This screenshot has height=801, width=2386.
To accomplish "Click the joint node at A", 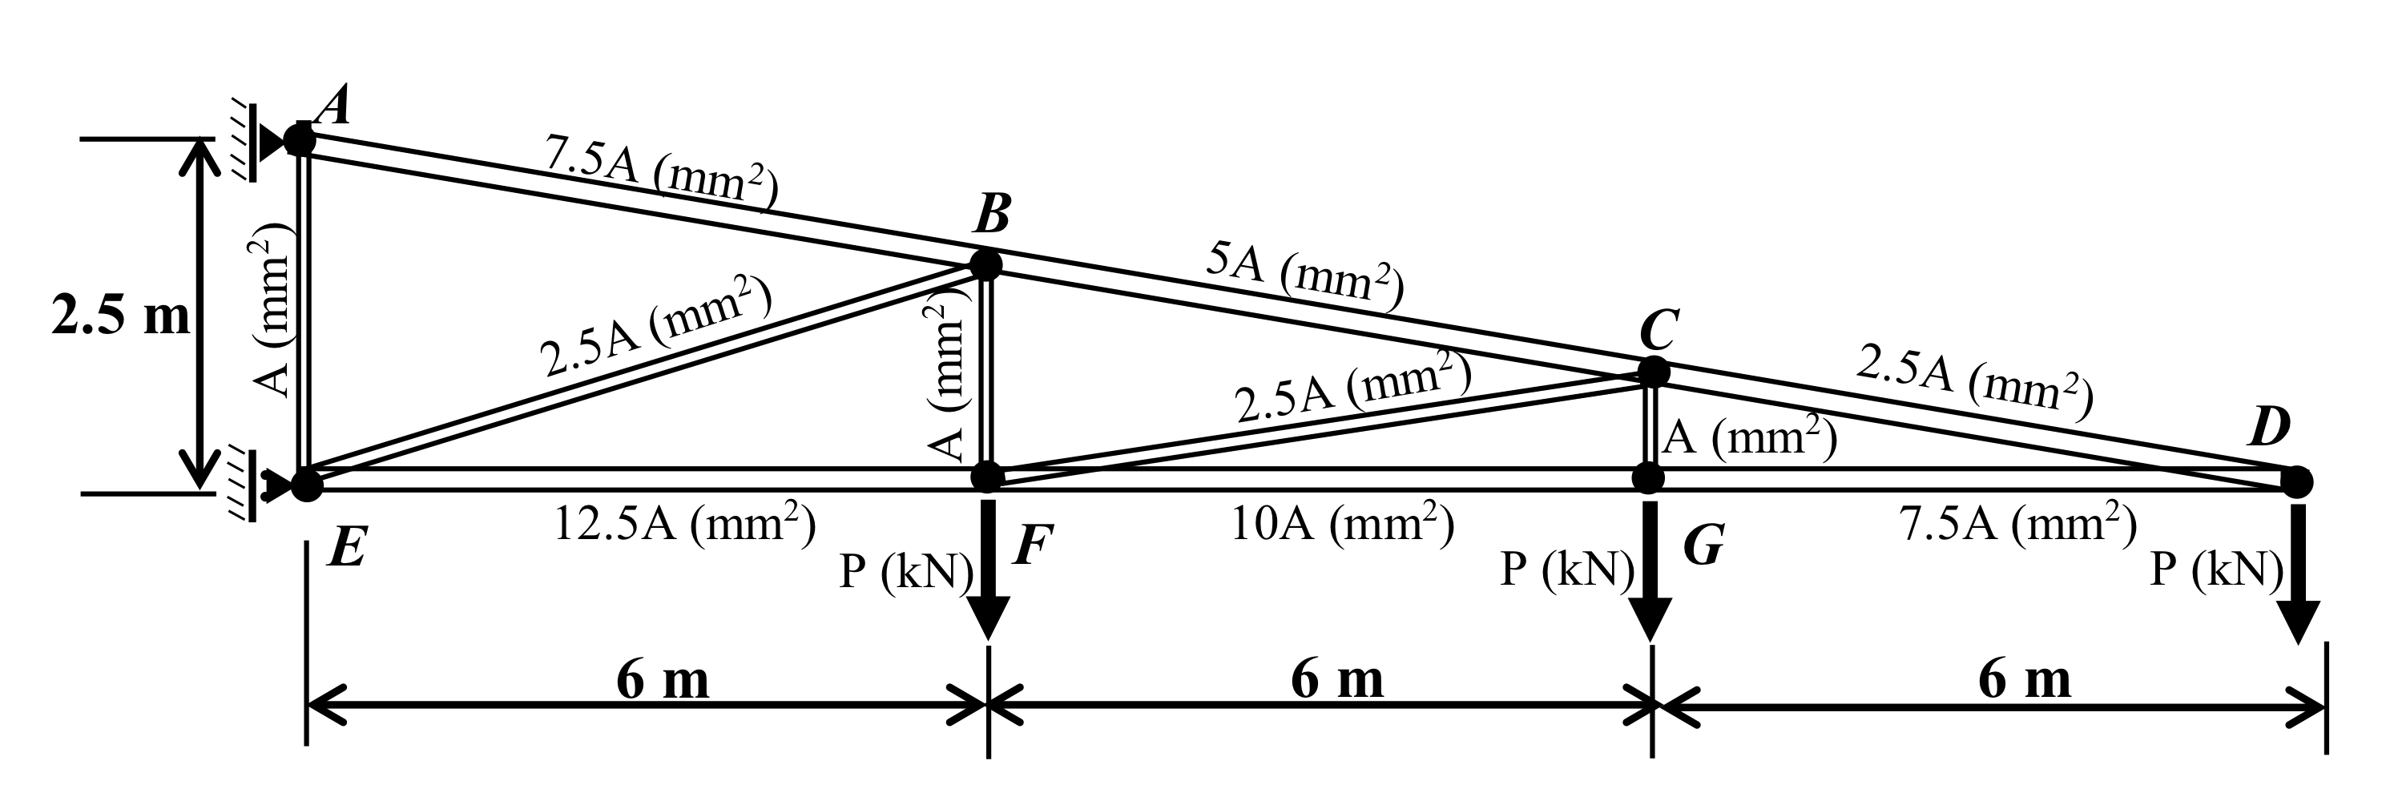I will point(300,139).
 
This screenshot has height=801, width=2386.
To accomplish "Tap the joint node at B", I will point(985,264).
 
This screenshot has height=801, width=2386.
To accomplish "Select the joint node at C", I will point(1652,372).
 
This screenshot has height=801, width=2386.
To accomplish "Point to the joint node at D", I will point(2296,481).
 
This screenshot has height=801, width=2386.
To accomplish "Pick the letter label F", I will point(1032,545).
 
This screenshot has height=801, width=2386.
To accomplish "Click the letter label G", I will point(1703,545).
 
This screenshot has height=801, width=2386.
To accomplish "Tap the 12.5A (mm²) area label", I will point(684,524).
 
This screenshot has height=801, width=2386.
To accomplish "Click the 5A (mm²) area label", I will point(1305,278).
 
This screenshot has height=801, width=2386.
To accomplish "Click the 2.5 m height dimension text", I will point(121,316).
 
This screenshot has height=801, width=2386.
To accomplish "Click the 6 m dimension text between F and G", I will point(1336,681).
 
